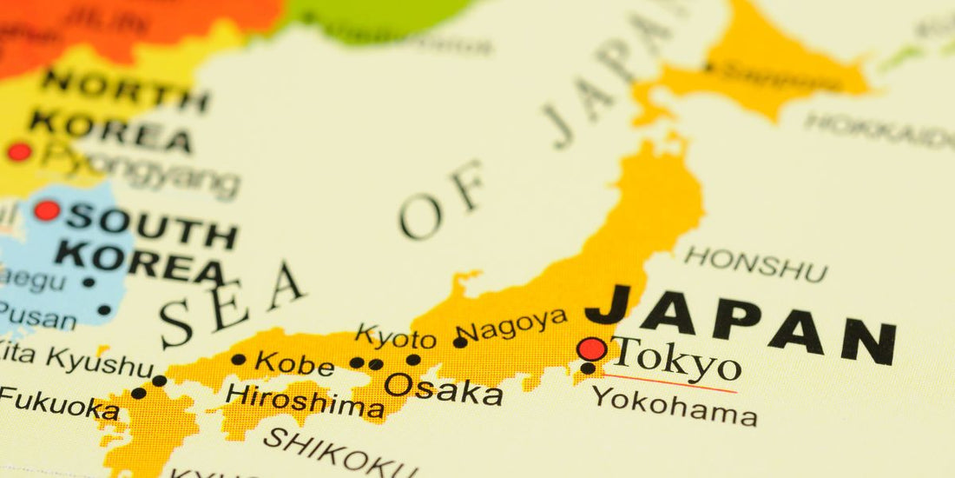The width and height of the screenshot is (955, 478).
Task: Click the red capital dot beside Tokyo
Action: coord(592,349)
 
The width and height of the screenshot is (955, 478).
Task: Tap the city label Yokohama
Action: coord(675,406)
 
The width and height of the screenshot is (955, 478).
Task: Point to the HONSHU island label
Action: coord(755,263)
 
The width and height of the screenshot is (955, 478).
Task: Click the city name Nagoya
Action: coord(514,325)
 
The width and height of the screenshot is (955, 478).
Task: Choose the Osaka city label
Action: coord(444,388)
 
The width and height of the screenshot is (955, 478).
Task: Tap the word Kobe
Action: coord(294,363)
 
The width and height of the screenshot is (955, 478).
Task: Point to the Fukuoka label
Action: coord(59,403)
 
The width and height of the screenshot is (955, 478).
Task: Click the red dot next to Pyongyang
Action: coord(18,152)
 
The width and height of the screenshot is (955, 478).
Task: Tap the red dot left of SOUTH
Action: coord(47,210)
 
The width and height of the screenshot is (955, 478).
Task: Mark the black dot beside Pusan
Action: coord(104,309)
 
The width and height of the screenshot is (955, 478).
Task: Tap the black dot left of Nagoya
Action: coord(460,342)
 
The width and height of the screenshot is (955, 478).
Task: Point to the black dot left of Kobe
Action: coord(238,360)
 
